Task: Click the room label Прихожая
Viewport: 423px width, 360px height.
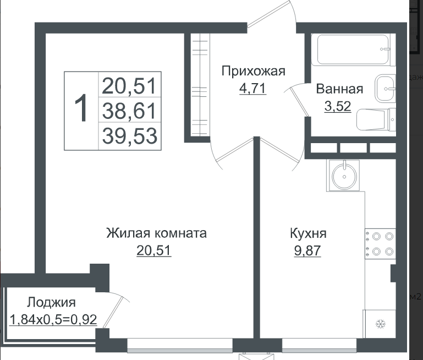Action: click(x=254, y=72)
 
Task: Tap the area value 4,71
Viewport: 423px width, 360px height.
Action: click(x=253, y=88)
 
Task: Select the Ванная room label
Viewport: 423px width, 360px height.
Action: click(x=339, y=89)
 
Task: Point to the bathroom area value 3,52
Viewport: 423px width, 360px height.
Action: click(x=338, y=106)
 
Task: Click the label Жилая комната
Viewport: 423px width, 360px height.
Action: click(x=156, y=233)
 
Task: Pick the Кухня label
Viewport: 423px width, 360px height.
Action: click(x=308, y=234)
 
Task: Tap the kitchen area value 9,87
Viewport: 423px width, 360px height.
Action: click(x=307, y=250)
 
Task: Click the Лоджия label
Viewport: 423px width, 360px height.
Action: click(x=51, y=303)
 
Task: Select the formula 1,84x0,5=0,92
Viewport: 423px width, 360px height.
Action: click(x=53, y=320)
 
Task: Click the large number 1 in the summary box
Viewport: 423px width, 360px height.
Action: click(x=81, y=108)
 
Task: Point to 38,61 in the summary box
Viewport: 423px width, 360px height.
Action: click(x=129, y=111)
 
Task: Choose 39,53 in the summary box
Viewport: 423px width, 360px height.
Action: click(x=129, y=136)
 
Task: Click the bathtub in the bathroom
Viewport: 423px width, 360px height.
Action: click(x=353, y=50)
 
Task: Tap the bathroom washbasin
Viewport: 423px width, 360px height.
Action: click(x=385, y=89)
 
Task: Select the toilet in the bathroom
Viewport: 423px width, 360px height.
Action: click(x=376, y=119)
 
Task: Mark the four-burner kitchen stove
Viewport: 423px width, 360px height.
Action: click(x=381, y=244)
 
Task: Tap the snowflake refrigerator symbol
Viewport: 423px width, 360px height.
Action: click(x=381, y=324)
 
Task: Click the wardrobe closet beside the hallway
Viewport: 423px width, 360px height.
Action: click(x=200, y=85)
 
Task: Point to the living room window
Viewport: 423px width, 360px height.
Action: click(x=180, y=346)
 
